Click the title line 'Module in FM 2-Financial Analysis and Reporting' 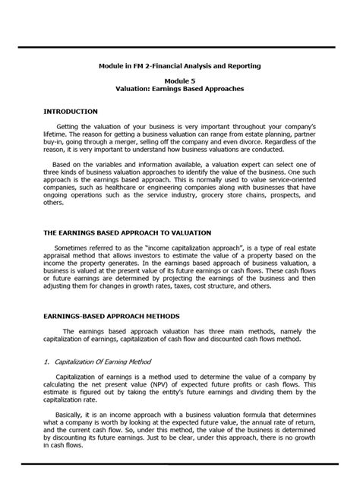pyautogui.click(x=180, y=66)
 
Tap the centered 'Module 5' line pyautogui.click(x=180, y=80)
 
